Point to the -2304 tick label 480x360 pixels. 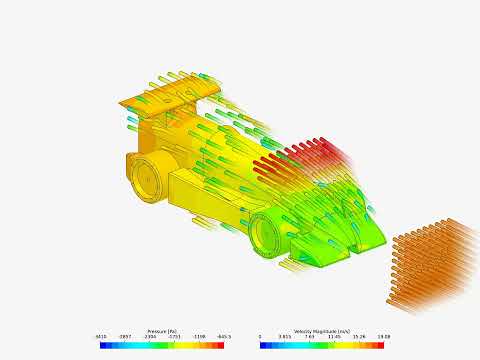[150, 337]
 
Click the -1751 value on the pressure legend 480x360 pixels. [175, 337]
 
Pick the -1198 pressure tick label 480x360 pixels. [199, 337]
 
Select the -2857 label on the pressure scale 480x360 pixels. [126, 337]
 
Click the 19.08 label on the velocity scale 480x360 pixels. [383, 337]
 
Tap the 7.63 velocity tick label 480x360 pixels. [310, 337]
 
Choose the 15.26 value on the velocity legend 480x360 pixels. [359, 337]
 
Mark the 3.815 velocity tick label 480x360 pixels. [284, 337]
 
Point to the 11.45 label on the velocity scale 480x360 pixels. [334, 337]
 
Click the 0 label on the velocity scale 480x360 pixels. [260, 337]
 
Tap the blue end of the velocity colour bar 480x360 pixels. [264, 344]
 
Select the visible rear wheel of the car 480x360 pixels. [149, 177]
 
